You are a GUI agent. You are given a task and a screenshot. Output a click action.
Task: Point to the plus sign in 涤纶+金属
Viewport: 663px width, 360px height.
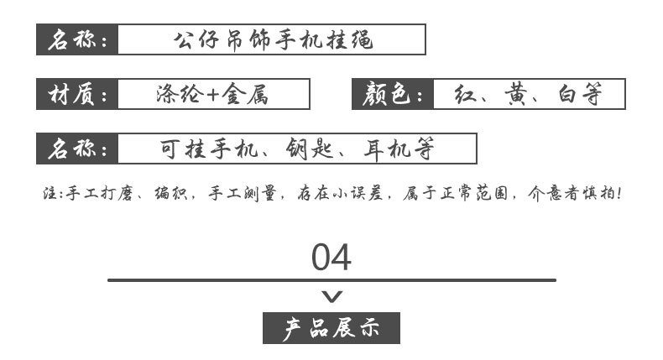coord(212,94)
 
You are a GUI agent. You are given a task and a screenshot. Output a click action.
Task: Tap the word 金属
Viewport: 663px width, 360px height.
coord(245,94)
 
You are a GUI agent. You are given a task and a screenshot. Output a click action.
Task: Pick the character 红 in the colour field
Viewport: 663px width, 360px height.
coord(465,94)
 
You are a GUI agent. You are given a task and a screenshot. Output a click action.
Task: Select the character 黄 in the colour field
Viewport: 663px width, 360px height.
coord(516,94)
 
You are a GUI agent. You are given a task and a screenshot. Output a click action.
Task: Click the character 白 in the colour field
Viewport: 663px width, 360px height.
coord(566,94)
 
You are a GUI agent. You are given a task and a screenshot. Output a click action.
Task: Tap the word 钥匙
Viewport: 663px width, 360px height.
coord(309,149)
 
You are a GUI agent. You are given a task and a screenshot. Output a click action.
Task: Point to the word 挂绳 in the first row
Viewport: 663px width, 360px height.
coord(349,39)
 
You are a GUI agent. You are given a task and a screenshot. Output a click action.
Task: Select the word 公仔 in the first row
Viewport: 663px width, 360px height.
coord(196,39)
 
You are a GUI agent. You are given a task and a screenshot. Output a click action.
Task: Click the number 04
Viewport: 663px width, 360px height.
coord(331,258)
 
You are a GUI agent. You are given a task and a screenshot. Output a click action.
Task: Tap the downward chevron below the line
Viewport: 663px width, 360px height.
coord(332,296)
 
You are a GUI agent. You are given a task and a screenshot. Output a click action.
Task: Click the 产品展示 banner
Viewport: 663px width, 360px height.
coord(331,328)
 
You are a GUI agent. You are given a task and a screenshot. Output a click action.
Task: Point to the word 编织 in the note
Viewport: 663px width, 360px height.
coord(171,193)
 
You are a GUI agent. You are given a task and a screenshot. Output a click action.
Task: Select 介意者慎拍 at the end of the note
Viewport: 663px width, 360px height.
coord(574,193)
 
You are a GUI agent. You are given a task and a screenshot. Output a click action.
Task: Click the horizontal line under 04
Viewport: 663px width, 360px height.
coord(332,280)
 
